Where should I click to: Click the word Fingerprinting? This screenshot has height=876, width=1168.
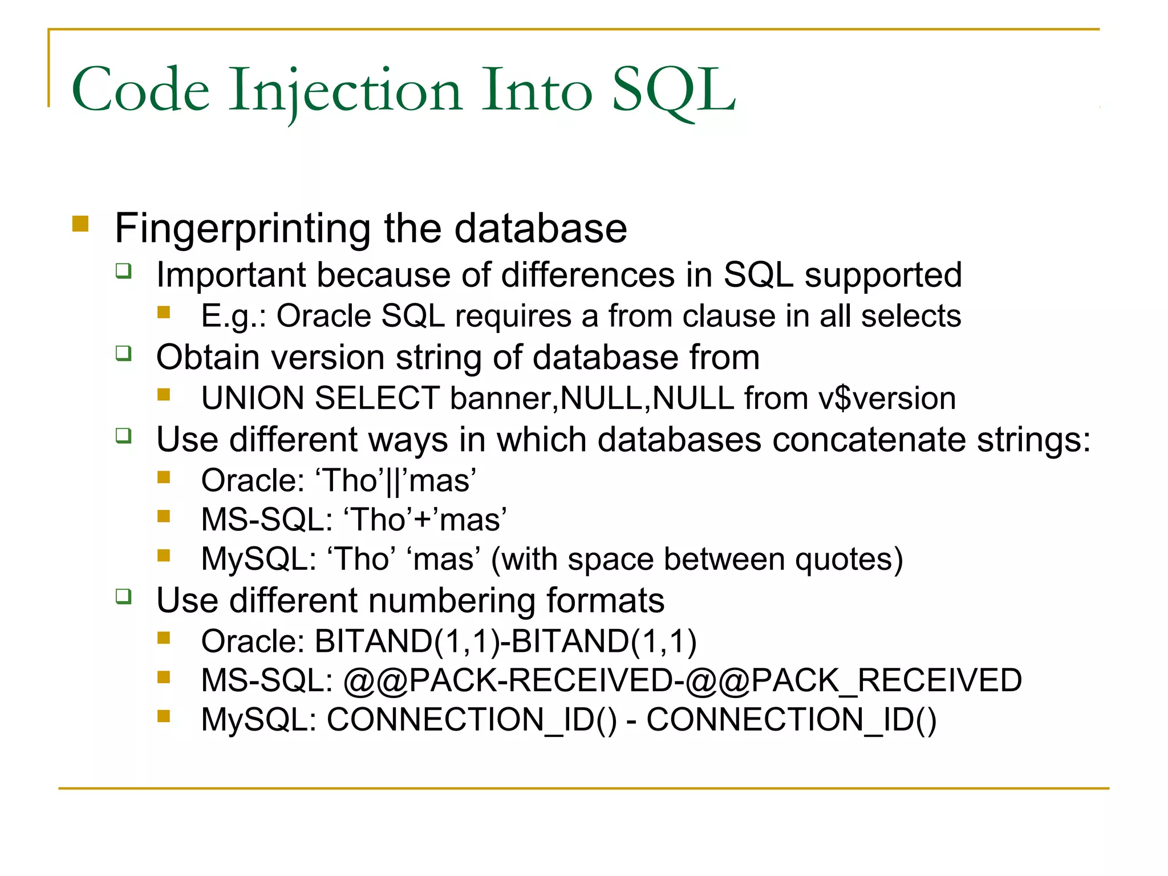[242, 229]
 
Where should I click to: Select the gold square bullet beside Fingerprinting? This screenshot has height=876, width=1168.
[80, 223]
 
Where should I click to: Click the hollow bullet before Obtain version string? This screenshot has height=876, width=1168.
[124, 354]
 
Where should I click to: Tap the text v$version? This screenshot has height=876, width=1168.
[887, 398]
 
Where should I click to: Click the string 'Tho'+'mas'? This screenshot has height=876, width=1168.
[425, 520]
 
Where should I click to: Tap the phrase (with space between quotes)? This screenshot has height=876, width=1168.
[697, 559]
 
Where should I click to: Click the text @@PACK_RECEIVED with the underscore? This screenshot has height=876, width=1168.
[854, 680]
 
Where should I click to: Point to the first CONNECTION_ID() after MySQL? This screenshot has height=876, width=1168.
[472, 720]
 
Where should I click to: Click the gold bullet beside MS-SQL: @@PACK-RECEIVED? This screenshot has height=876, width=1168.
[164, 677]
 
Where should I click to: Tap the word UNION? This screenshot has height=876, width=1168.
[253, 398]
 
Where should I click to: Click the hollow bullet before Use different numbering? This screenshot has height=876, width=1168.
[124, 597]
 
